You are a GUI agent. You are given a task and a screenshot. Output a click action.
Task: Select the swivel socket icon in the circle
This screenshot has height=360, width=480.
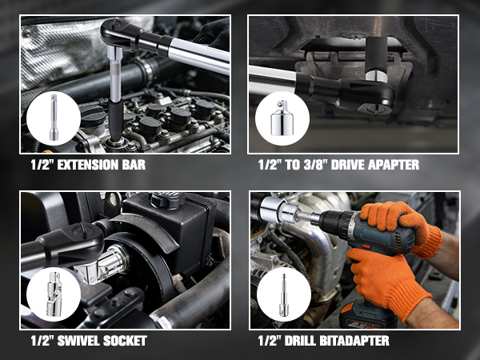(x=49, y=294)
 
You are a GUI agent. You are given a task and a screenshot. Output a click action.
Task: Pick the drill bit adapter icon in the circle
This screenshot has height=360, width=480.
(x=284, y=294)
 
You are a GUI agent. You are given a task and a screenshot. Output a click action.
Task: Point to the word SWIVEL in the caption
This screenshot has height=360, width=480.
(x=81, y=342)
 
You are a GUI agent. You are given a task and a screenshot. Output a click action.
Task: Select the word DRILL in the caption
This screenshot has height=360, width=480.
(x=308, y=342)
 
